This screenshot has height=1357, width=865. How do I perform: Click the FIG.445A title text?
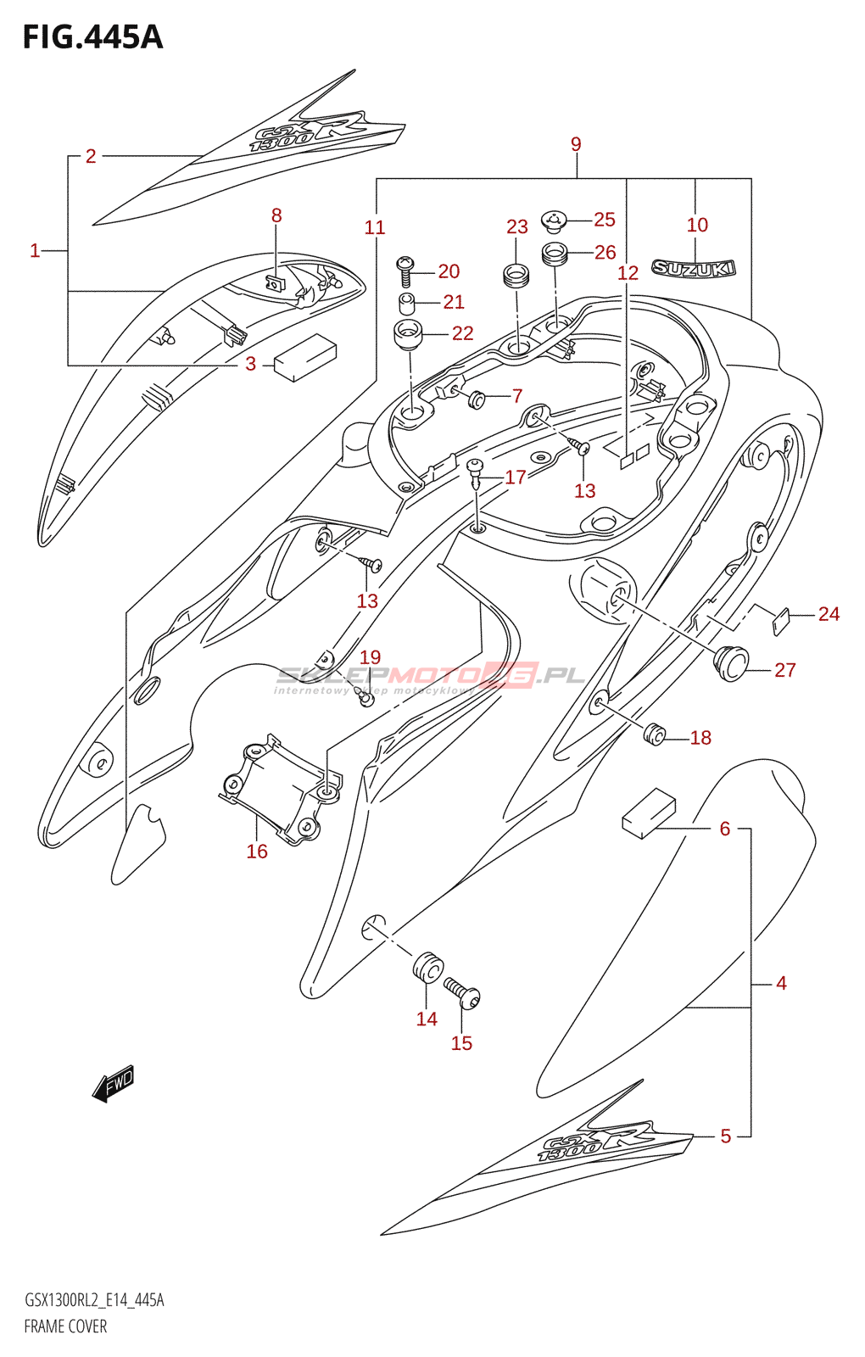click(92, 37)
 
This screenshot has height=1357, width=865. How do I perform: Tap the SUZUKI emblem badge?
click(693, 269)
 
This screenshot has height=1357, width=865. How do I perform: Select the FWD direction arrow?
click(113, 1084)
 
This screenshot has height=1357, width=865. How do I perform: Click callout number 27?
click(784, 670)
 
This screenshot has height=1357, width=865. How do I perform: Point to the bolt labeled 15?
click(462, 992)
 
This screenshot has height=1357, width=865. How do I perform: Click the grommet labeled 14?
click(428, 967)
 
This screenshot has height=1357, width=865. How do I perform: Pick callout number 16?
click(257, 852)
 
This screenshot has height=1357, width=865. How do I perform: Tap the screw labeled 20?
click(405, 270)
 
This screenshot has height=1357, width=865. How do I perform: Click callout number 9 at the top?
click(576, 144)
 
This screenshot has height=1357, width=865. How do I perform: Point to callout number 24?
click(829, 614)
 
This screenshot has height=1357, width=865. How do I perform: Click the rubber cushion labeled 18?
click(654, 734)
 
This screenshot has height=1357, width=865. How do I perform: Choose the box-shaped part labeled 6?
click(649, 813)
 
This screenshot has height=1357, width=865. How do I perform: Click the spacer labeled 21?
click(407, 303)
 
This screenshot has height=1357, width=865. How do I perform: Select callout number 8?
click(276, 215)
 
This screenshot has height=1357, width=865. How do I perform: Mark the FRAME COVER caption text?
click(65, 1326)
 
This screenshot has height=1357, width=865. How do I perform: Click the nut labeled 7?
click(477, 397)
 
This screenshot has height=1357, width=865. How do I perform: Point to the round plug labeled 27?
click(731, 662)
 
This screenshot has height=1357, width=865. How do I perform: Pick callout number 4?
click(781, 983)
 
